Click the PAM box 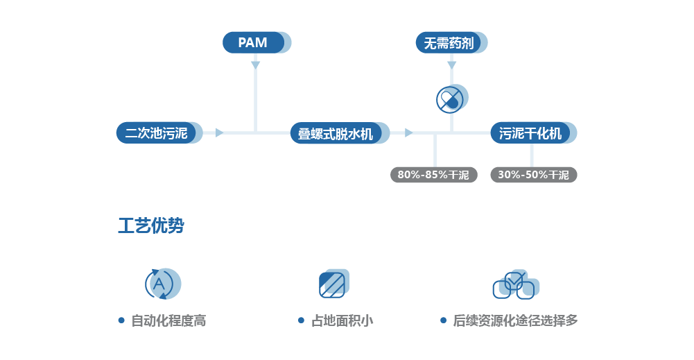[254, 42]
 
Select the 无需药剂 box [449, 43]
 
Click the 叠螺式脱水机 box [337, 133]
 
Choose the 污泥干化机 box [531, 133]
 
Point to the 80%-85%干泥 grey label [433, 175]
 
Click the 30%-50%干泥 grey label [533, 175]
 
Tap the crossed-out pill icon [450, 100]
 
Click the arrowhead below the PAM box [255, 65]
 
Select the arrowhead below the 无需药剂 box [451, 65]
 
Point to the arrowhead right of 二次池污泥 [219, 132]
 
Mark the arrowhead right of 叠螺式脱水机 [408, 132]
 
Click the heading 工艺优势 [150, 226]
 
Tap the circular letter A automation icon [159, 284]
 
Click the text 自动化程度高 [168, 320]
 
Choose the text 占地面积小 [342, 320]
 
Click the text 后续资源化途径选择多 [515, 320]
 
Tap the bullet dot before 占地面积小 [301, 320]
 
